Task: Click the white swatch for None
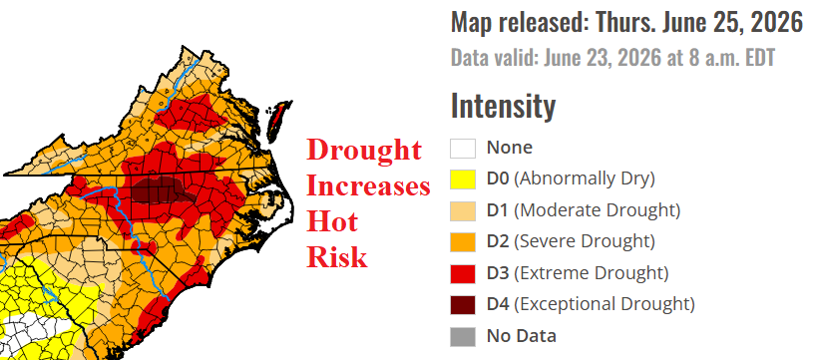[x=463, y=148]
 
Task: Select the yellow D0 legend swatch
[x=463, y=179]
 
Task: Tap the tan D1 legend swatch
[x=463, y=210]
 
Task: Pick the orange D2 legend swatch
[x=463, y=242]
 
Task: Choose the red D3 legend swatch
[x=463, y=273]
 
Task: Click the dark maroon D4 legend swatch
[x=463, y=304]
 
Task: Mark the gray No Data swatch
[x=463, y=336]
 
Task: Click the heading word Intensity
[x=503, y=106]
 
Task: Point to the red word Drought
[x=363, y=152]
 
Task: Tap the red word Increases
[x=368, y=186]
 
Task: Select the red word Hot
[x=332, y=222]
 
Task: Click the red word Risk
[x=337, y=257]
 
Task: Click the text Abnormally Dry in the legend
[x=585, y=179]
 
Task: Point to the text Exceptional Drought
[x=604, y=304]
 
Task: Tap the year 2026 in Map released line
[x=776, y=22]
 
